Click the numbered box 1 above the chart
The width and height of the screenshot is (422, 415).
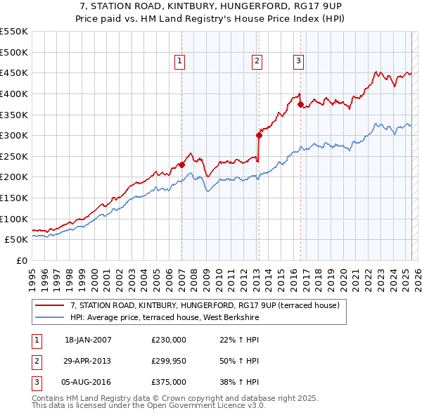pos(180,62)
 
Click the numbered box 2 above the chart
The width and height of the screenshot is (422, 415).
pos(257,62)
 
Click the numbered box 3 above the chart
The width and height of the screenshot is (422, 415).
pos(298,62)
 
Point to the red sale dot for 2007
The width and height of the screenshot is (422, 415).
pos(181,165)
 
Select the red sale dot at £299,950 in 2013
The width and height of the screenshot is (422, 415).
pos(259,136)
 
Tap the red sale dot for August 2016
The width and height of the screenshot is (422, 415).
pos(300,105)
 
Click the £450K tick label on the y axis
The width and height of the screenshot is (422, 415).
pos(14,72)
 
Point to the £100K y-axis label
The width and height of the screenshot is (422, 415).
pos(14,219)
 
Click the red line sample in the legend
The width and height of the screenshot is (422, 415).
pos(49,305)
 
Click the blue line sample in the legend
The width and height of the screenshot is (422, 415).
pos(49,317)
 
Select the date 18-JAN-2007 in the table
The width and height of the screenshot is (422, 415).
pos(87,340)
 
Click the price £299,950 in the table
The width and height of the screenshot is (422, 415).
pos(168,361)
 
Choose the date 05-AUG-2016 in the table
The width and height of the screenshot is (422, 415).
pos(88,383)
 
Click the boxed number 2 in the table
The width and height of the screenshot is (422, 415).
pos(35,362)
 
